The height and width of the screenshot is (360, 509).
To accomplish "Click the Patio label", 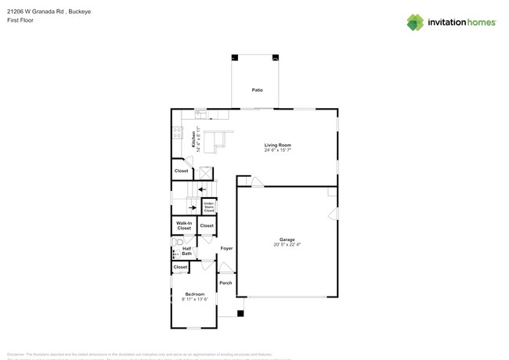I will pos(257,90).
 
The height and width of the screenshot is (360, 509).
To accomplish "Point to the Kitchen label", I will pos(194,140).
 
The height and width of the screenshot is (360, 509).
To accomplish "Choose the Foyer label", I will pos(226,248).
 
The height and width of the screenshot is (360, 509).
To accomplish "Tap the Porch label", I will pos(226,283).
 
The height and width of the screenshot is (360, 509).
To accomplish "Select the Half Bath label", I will pos(187,251).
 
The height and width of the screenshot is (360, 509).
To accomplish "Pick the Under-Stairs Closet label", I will pos(209,207).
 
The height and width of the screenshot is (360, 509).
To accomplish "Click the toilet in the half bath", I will pos(176,242).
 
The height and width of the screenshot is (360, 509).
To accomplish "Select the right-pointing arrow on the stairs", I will pos(193,207).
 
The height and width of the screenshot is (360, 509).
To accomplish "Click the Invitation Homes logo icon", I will pos(414,22).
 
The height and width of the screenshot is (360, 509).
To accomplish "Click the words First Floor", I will pos(22,20).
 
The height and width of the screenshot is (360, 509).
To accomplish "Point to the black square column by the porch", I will pos(240,314).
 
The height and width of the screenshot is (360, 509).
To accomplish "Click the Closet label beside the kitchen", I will pos(181,171).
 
